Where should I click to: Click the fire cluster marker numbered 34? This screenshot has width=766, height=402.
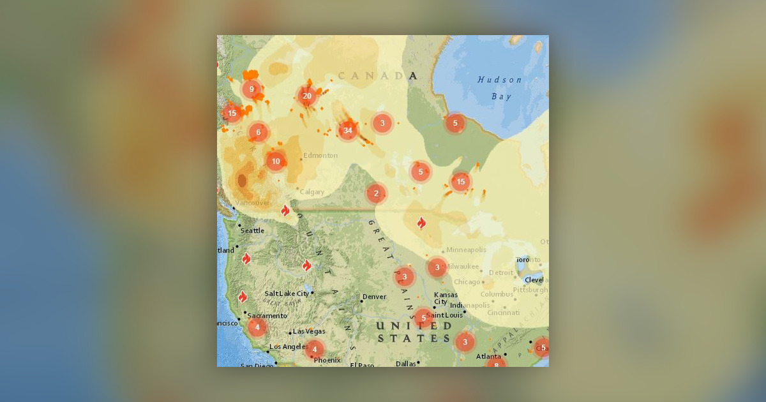click(347, 131)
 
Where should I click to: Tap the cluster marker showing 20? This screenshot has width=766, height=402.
click(307, 96)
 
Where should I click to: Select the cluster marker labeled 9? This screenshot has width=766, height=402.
click(252, 89)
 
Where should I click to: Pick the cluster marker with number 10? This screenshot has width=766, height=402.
click(276, 161)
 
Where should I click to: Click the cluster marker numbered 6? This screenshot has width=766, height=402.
click(259, 133)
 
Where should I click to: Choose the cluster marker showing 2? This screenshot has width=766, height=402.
click(376, 193)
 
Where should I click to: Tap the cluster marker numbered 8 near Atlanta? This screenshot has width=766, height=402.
click(496, 365)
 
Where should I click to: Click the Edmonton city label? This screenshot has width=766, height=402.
click(320, 156)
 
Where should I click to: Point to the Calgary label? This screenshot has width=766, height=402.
click(313, 192)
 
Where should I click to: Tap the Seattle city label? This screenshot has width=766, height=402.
click(253, 230)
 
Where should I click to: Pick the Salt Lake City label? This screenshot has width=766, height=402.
click(287, 294)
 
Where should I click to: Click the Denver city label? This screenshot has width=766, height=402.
click(374, 297)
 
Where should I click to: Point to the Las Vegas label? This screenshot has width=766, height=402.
click(309, 332)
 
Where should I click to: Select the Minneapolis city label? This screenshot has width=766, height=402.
click(466, 249)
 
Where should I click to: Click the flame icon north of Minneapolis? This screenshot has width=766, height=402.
click(421, 223)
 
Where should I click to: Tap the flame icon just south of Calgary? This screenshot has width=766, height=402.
click(285, 210)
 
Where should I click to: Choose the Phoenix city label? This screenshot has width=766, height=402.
click(327, 360)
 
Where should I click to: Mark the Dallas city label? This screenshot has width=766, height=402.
click(405, 363)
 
